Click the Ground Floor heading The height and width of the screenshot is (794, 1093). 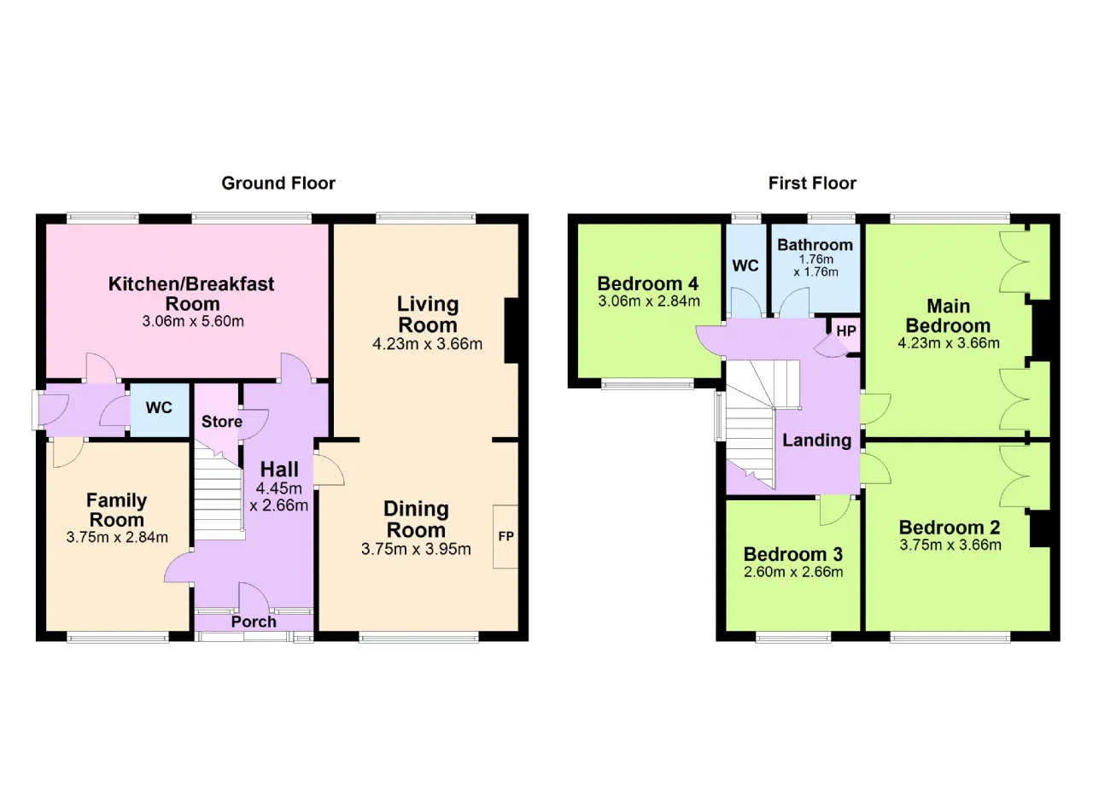[x=278, y=184]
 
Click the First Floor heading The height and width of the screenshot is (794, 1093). [x=812, y=184]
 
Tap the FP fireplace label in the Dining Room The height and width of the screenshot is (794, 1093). [x=506, y=536]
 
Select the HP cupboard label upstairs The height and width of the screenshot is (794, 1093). [x=846, y=331]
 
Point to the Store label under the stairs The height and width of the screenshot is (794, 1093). [x=222, y=422]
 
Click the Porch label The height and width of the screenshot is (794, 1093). [x=254, y=622]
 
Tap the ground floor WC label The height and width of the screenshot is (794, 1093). [x=159, y=407]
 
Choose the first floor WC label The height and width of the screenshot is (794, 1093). [x=745, y=266]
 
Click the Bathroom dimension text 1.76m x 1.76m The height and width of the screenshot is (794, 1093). [x=815, y=266]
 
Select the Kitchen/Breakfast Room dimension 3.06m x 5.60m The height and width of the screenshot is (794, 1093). [x=193, y=321]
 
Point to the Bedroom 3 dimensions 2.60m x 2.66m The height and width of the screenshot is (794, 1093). [x=793, y=572]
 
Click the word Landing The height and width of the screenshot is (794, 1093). [x=817, y=441]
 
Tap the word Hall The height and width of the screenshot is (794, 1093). [x=279, y=470]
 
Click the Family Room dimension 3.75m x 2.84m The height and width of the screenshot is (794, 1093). [x=117, y=537]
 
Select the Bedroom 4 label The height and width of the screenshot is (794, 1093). [x=648, y=283]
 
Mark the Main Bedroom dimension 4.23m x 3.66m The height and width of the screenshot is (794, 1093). [x=949, y=343]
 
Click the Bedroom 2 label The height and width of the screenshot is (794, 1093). [x=950, y=528]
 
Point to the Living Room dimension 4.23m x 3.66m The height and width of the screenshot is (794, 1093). [x=428, y=344]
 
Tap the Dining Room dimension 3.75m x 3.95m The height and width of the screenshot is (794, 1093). [x=416, y=549]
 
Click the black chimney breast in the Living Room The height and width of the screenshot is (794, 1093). [x=511, y=330]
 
